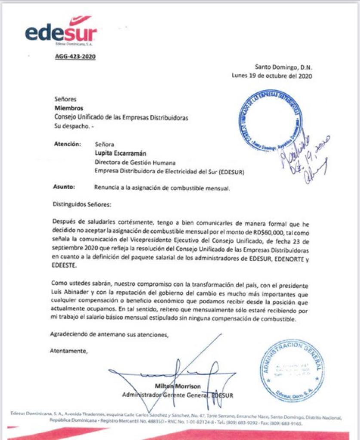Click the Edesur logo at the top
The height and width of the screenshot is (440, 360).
[x=61, y=31]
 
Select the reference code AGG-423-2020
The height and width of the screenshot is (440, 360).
[x=75, y=56]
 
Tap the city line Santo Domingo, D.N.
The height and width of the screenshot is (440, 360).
[x=283, y=67]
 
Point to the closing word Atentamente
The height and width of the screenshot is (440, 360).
[x=68, y=350]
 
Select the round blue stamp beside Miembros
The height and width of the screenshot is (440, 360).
[x=271, y=119]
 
